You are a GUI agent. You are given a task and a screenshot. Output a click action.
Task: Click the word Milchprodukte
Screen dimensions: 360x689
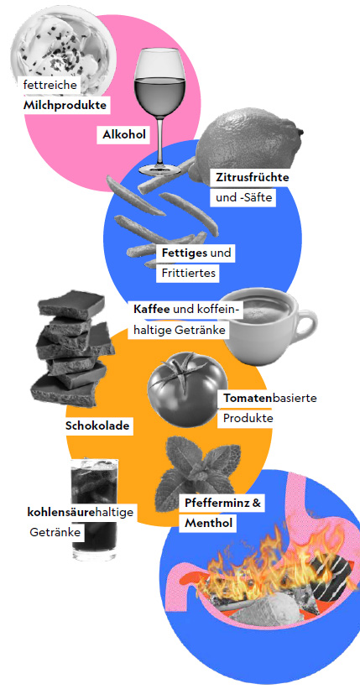point(65,106)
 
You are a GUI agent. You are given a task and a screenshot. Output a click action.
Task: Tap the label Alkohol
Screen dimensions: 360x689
point(124,134)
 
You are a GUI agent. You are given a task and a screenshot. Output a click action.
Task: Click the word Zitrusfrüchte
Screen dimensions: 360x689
point(253,178)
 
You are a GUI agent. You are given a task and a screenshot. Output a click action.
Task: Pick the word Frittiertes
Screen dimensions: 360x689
point(189,273)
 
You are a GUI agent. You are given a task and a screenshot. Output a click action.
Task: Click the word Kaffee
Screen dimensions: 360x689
point(152,309)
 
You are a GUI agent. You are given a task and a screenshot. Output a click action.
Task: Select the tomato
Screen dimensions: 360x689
point(187,389)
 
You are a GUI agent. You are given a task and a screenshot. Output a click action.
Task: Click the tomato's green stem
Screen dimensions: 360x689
point(183,365)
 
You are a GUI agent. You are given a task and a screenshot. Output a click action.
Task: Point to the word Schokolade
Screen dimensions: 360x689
point(97,425)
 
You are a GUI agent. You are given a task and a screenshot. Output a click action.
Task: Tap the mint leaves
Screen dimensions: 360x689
point(199,467)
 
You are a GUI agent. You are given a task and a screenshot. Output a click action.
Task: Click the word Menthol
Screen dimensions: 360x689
point(208,524)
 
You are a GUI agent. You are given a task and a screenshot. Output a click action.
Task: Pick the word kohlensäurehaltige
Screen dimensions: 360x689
point(80,513)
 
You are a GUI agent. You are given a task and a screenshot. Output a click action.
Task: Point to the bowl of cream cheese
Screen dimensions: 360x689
point(60,50)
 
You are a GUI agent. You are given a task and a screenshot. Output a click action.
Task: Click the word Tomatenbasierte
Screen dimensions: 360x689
point(270,399)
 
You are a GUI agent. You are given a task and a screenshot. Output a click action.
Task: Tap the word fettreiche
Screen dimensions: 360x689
point(50,85)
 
